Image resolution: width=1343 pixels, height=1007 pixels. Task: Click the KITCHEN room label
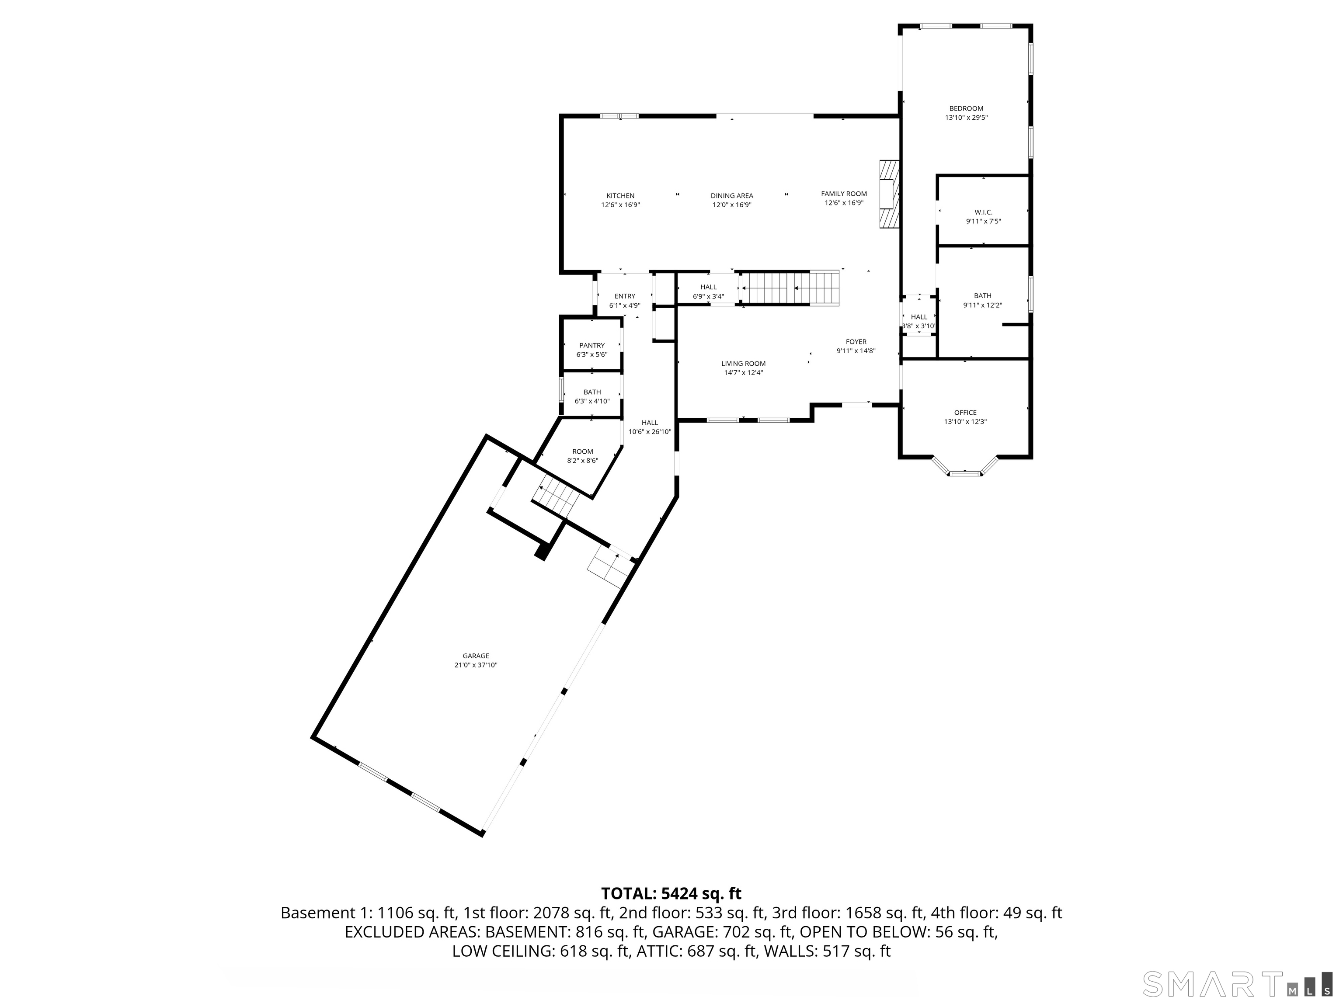(x=620, y=195)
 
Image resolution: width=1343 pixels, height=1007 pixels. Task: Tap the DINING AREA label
(x=731, y=195)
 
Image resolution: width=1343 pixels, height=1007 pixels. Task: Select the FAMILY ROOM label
(x=844, y=194)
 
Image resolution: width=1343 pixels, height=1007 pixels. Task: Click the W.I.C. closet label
(x=983, y=212)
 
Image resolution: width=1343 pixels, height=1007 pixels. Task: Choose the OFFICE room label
(x=965, y=412)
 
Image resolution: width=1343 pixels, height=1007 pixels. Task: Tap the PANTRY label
(x=591, y=345)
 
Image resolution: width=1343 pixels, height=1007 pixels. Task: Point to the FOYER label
(x=856, y=342)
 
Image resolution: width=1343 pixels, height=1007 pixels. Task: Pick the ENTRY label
(x=624, y=296)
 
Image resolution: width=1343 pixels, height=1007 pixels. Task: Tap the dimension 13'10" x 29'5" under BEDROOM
(x=966, y=118)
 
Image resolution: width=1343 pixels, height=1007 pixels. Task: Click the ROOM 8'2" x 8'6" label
(x=582, y=456)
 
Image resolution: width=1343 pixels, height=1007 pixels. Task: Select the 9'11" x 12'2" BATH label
(x=982, y=300)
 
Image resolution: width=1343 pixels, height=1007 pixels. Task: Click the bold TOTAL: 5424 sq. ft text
(x=671, y=893)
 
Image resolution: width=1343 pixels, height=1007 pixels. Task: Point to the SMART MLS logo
(x=1237, y=984)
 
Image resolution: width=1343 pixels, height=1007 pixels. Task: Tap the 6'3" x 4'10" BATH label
(x=591, y=396)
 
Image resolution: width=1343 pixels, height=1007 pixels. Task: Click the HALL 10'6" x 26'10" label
(x=650, y=427)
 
